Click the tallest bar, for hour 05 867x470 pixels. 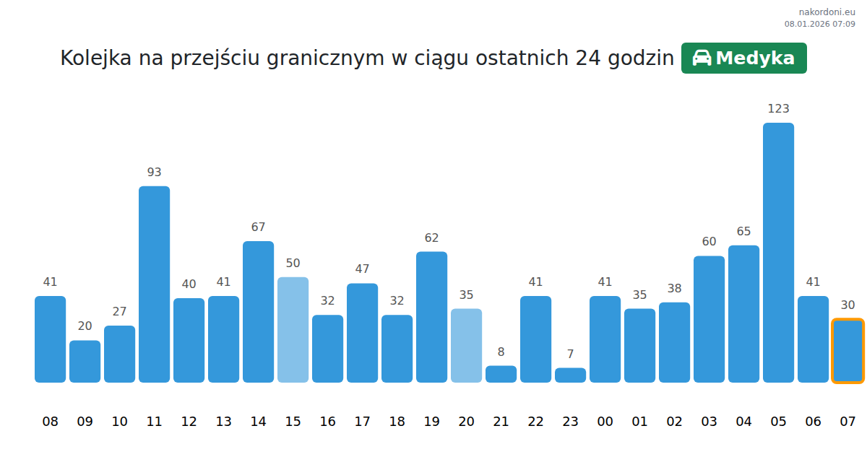778,253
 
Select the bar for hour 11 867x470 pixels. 154,284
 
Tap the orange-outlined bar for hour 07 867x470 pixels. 847,351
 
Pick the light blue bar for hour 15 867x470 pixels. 293,330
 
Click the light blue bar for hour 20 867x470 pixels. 466,346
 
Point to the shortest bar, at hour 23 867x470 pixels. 570,375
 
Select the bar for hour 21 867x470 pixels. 501,374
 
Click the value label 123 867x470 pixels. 778,109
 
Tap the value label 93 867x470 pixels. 154,173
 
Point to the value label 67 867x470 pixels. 258,227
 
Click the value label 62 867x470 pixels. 431,238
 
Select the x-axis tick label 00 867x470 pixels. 605,422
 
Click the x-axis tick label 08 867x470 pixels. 50,422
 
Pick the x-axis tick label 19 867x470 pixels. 431,422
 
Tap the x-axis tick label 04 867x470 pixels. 743,422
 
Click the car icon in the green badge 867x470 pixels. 702,58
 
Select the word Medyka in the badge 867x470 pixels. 755,58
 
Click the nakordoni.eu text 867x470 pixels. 827,12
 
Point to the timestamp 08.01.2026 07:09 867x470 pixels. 819,24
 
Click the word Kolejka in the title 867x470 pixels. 95,58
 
